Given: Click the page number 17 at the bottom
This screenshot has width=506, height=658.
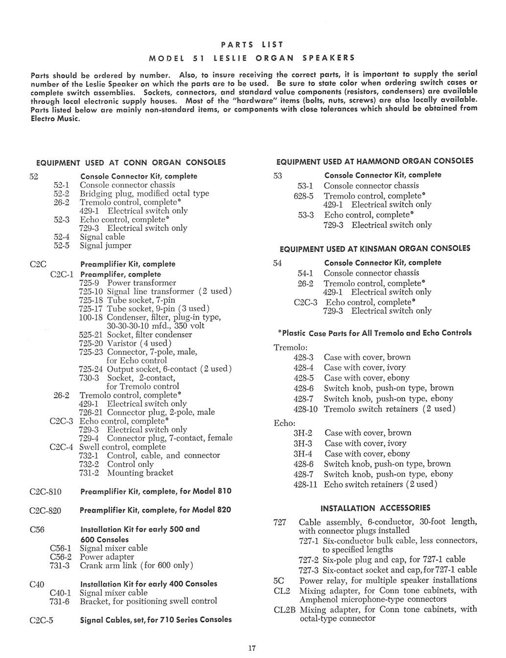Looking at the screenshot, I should click(252, 649).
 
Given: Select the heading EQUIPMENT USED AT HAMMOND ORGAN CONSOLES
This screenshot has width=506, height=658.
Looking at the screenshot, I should click(375, 161).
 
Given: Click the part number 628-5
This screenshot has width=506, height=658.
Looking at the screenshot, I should click(304, 196).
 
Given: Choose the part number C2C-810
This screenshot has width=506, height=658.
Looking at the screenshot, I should click(46, 491).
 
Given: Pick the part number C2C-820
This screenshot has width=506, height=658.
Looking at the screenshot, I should click(46, 510).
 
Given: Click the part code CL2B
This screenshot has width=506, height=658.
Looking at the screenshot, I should click(285, 610).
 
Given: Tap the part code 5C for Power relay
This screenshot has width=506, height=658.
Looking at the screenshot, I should click(278, 581).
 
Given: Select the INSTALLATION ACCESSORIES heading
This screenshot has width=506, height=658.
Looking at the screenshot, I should click(375, 508).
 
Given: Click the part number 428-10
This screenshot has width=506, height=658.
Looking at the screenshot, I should click(305, 409).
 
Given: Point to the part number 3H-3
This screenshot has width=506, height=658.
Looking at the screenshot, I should click(303, 443).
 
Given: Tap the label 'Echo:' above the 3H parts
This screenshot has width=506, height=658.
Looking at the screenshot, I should click(284, 423).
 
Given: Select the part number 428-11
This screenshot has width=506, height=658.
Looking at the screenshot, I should click(305, 484).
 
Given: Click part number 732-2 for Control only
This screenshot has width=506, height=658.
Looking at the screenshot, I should click(89, 464).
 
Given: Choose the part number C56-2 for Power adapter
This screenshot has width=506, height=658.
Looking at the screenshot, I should click(61, 557).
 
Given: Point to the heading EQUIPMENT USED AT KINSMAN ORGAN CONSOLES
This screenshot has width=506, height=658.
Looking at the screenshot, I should click(375, 249).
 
